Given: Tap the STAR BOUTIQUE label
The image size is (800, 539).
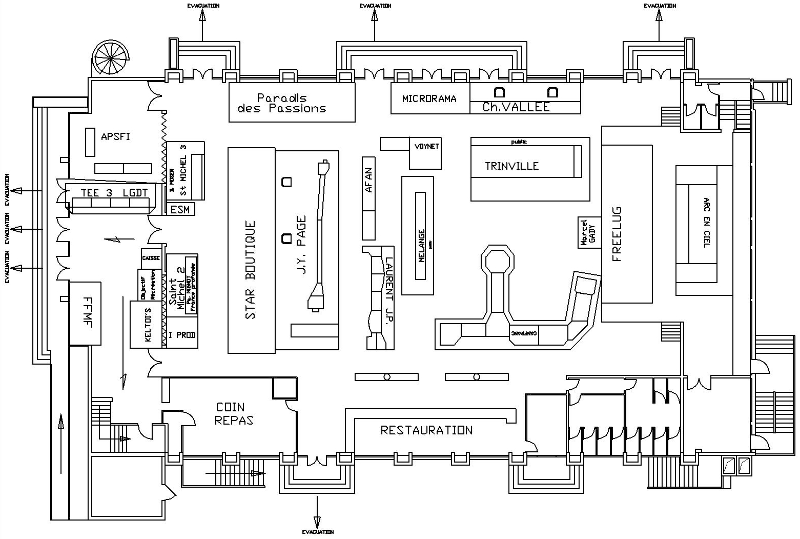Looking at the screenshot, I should click(250, 270).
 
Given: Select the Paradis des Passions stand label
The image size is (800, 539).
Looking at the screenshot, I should click(282, 103).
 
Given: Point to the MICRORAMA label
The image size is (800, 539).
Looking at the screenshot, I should click(429, 98).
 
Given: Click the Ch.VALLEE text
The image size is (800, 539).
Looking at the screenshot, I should click(516, 107).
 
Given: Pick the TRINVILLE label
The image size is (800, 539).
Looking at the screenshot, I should click(511, 166).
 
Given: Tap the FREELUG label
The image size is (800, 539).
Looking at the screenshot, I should click(617, 234).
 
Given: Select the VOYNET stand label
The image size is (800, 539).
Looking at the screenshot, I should click(427, 146).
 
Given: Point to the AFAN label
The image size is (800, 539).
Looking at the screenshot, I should click(368, 180).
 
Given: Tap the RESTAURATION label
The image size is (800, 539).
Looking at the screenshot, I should click(426, 430).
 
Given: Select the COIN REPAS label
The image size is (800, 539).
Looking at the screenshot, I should click(234, 413).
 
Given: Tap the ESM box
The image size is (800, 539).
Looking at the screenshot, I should click(180, 209).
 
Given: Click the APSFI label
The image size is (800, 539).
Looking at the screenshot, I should click(115, 136).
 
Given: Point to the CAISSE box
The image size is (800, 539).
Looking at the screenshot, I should click(151, 258).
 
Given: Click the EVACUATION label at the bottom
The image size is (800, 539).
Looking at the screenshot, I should click(318, 532).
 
